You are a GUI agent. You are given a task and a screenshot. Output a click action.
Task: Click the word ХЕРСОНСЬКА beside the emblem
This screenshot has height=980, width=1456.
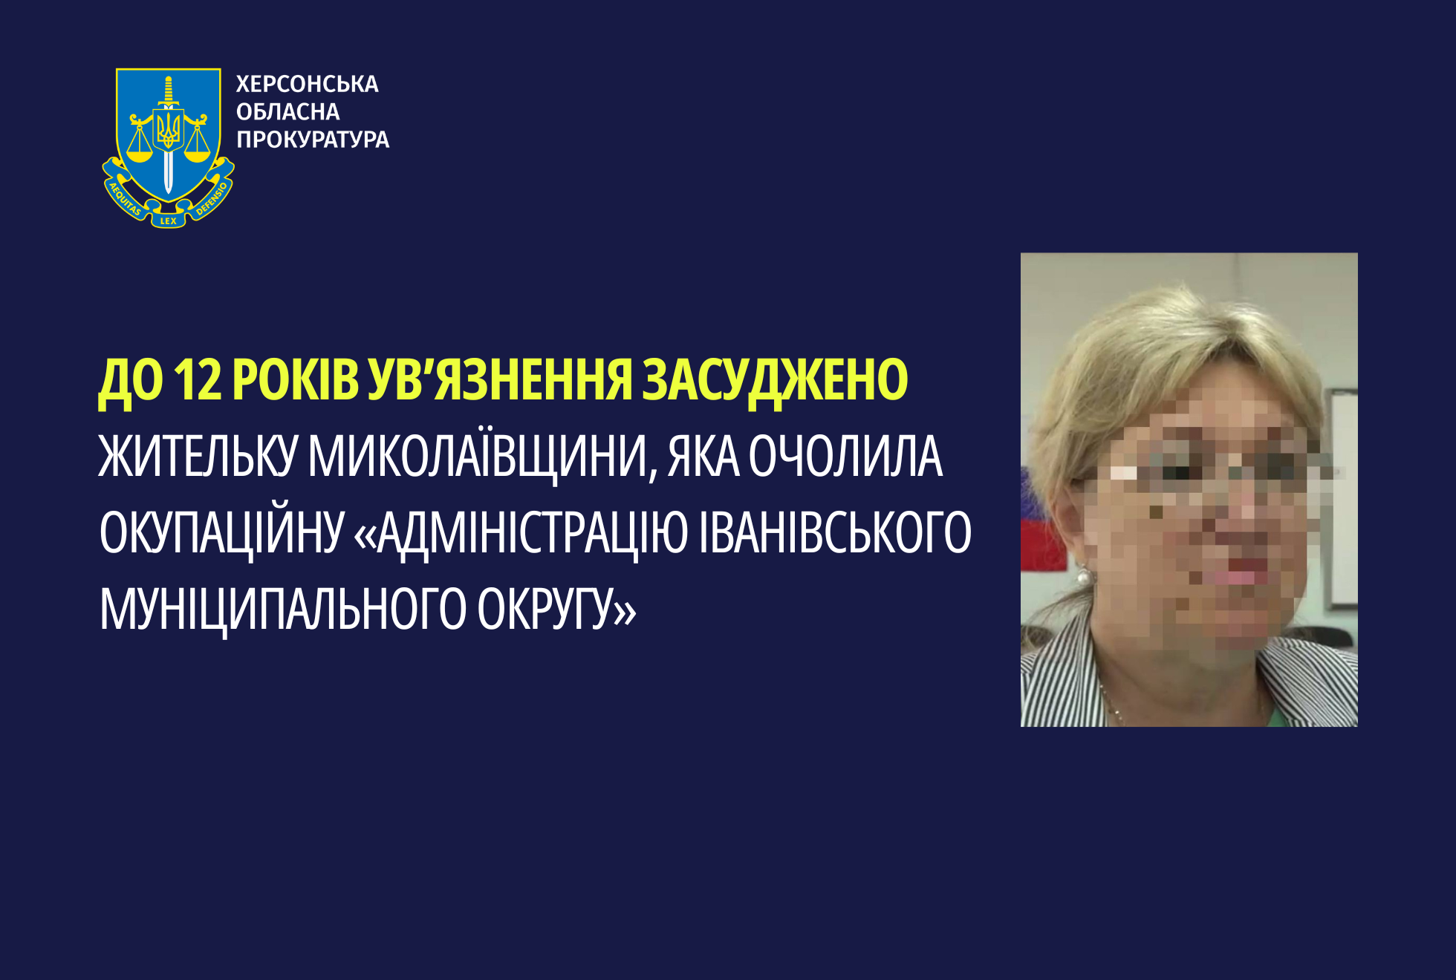(307, 84)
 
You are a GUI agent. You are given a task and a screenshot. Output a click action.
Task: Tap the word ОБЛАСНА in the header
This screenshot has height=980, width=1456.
(287, 111)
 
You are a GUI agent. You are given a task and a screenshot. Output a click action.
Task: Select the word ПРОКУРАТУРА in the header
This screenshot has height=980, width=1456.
(313, 139)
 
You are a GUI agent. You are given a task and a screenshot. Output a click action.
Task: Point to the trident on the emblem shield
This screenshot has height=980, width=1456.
(169, 129)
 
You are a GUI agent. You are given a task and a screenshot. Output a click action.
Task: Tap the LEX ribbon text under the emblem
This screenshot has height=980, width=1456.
(169, 220)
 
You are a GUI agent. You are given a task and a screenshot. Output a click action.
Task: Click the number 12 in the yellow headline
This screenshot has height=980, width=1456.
(198, 379)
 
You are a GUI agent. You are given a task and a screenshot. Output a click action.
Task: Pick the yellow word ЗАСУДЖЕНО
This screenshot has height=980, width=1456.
(775, 381)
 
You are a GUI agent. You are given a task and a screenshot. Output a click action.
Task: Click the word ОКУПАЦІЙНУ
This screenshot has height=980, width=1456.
(221, 534)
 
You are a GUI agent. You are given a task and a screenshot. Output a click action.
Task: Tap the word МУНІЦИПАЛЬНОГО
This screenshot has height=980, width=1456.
(283, 610)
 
